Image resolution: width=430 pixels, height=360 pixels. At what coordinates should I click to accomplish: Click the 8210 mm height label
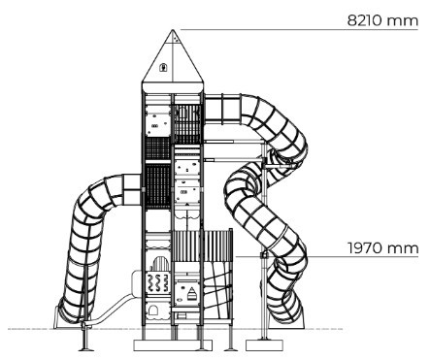click(x=382, y=20)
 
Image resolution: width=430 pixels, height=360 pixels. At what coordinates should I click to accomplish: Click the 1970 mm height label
click(x=383, y=248)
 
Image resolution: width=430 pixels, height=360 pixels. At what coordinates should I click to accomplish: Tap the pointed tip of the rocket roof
click(x=173, y=30)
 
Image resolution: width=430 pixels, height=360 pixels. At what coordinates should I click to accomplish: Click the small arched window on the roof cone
click(x=163, y=67)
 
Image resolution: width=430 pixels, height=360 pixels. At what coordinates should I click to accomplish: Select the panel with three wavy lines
click(x=158, y=282)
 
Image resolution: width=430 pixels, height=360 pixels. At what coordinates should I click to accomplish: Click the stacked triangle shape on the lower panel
click(x=192, y=294)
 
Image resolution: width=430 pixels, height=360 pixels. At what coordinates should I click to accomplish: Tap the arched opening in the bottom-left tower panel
click(x=152, y=311)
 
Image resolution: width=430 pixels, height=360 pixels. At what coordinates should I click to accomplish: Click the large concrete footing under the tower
click(x=173, y=345)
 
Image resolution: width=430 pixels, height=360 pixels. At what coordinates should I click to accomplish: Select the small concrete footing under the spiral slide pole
click(x=264, y=344)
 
